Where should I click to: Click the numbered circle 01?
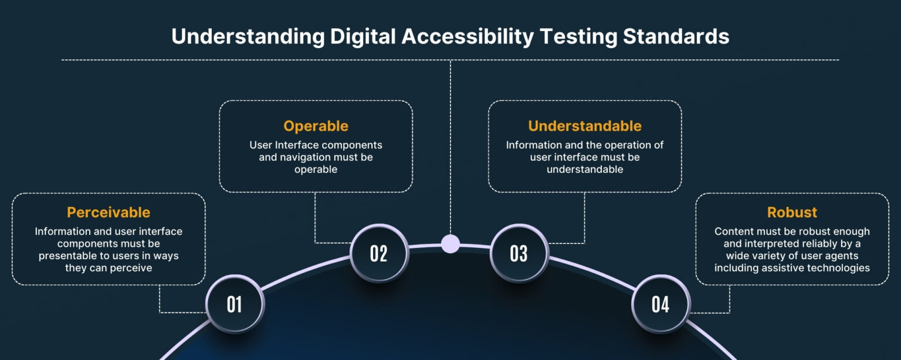click(235, 304)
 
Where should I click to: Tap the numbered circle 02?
click(379, 253)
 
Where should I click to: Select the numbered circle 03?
click(519, 253)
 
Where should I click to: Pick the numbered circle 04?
click(660, 304)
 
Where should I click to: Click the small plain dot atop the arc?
click(450, 243)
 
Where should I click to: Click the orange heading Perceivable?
click(109, 212)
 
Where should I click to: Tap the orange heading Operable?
click(316, 126)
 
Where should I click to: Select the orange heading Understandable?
click(585, 126)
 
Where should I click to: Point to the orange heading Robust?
click(792, 212)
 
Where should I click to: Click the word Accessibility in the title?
click(468, 37)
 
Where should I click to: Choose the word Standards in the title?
click(676, 37)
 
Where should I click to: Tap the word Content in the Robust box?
click(733, 232)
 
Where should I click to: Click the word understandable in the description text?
click(585, 169)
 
